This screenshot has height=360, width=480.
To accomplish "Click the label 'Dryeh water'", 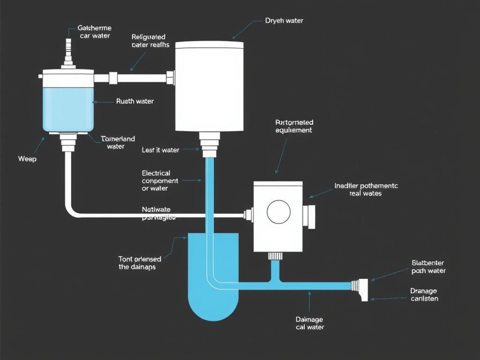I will pyautogui.click(x=284, y=21).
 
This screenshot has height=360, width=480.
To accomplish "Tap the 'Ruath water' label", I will pyautogui.click(x=135, y=101).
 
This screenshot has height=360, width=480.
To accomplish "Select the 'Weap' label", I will pyautogui.click(x=27, y=159).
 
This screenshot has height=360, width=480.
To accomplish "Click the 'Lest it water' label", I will pyautogui.click(x=160, y=150).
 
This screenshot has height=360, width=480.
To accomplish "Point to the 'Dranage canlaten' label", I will pyautogui.click(x=424, y=295).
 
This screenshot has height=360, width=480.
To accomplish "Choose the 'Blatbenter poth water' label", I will pyautogui.click(x=428, y=267).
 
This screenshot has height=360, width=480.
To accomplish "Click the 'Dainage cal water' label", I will pyautogui.click(x=310, y=323).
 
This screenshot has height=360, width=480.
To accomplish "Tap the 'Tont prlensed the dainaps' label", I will pyautogui.click(x=140, y=263).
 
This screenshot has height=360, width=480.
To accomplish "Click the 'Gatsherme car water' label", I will pyautogui.click(x=94, y=32).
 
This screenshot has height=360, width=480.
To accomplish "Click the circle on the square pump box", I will pyautogui.click(x=278, y=211).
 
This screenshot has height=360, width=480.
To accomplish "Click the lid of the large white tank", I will pyautogui.click(x=209, y=45).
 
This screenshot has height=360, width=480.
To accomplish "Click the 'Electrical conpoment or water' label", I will pyautogui.click(x=160, y=180).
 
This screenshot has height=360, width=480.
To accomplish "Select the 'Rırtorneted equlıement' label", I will pyautogui.click(x=293, y=127).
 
